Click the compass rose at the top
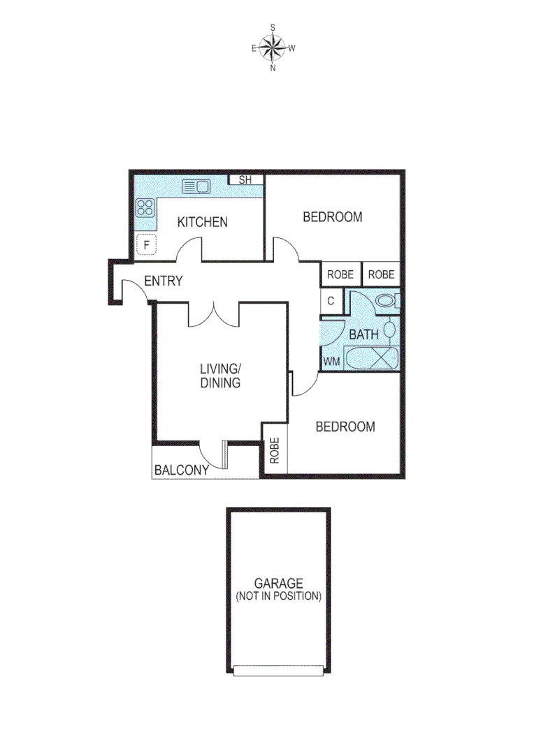(x=273, y=48)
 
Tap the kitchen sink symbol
(x=196, y=186)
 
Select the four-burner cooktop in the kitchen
(x=145, y=207)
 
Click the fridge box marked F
(x=146, y=245)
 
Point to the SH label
(x=245, y=180)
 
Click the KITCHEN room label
(x=202, y=222)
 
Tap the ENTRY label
(x=163, y=281)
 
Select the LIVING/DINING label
(x=220, y=376)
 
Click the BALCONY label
(x=182, y=470)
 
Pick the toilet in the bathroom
(x=384, y=301)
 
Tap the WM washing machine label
(x=331, y=362)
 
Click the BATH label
(x=363, y=334)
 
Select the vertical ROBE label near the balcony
(x=275, y=451)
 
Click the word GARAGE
(x=278, y=583)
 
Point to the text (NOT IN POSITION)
(x=278, y=596)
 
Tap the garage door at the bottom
(x=278, y=670)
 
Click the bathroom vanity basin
(x=391, y=329)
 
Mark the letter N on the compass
(x=273, y=68)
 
